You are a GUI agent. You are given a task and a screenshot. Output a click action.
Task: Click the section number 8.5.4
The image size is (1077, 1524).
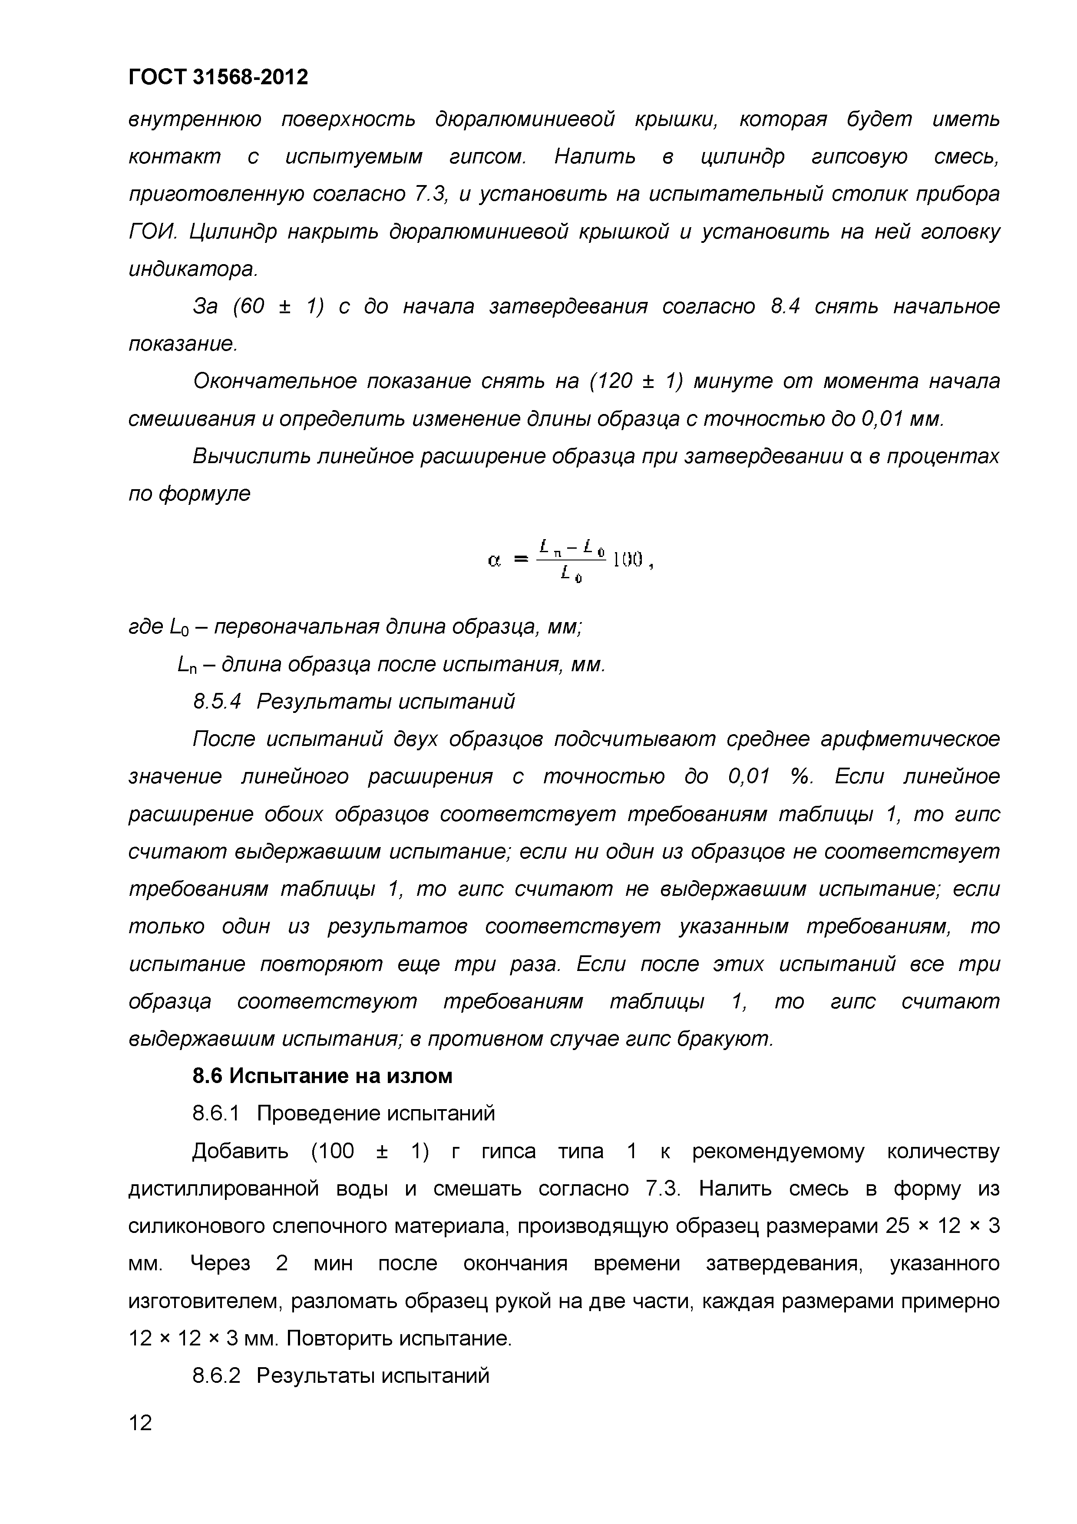pos(216,702)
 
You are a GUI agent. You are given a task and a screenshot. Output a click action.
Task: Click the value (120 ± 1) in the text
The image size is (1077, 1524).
pos(635,382)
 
